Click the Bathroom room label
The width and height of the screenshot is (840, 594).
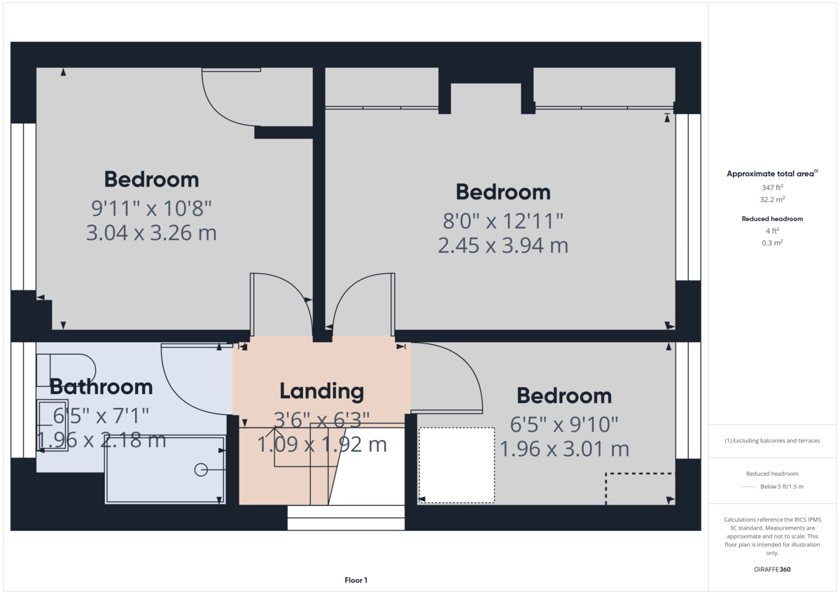coord(101,386)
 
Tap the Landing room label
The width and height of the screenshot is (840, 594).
coord(321,391)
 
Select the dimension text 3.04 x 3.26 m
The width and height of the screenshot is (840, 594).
coord(151,232)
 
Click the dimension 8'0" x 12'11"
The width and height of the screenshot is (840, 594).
coord(503,221)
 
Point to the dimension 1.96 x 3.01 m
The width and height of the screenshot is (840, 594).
coord(563,448)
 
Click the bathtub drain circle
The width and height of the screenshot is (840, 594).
coord(201,470)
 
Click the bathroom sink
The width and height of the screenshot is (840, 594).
coord(52,426)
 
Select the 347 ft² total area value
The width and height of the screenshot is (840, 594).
coord(773,188)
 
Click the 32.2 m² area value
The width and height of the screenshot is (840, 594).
coord(773,199)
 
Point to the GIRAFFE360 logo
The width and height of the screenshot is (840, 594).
coord(773,570)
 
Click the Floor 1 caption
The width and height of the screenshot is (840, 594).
coord(356,580)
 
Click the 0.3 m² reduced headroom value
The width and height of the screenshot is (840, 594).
coord(773,243)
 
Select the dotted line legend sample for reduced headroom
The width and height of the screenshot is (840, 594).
coord(748,486)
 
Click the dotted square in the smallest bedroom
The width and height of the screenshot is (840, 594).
coord(456,465)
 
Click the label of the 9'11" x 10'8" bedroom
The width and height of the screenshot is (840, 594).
coord(151,179)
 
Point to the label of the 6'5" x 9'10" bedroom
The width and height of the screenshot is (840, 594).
coord(563,396)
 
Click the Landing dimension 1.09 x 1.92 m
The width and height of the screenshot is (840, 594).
coord(322,444)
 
